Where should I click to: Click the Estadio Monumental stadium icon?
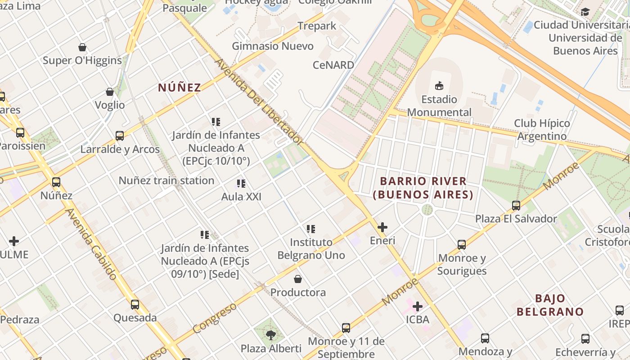click(x=439, y=85)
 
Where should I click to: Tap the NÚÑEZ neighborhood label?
click(x=180, y=88)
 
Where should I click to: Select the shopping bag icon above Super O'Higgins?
click(x=82, y=47)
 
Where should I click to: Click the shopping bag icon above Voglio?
click(x=110, y=92)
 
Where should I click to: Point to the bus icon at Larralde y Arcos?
click(x=120, y=135)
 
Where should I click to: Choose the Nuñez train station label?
click(x=166, y=180)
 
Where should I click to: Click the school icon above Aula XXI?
click(x=241, y=184)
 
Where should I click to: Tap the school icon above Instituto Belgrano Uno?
click(x=311, y=229)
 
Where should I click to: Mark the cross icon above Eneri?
click(x=382, y=227)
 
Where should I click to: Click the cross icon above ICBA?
click(x=418, y=306)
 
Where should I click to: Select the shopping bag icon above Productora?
click(x=297, y=279)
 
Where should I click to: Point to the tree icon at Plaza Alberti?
click(x=271, y=335)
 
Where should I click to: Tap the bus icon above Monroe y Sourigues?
click(x=462, y=245)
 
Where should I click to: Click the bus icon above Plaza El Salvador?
click(x=516, y=206)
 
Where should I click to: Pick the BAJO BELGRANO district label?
click(x=550, y=305)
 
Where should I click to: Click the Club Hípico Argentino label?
click(x=542, y=130)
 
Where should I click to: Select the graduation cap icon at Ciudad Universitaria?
click(x=585, y=12)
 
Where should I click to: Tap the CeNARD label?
click(x=333, y=65)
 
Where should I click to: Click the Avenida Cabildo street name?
click(x=91, y=243)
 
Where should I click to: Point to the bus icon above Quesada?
click(x=135, y=305)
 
